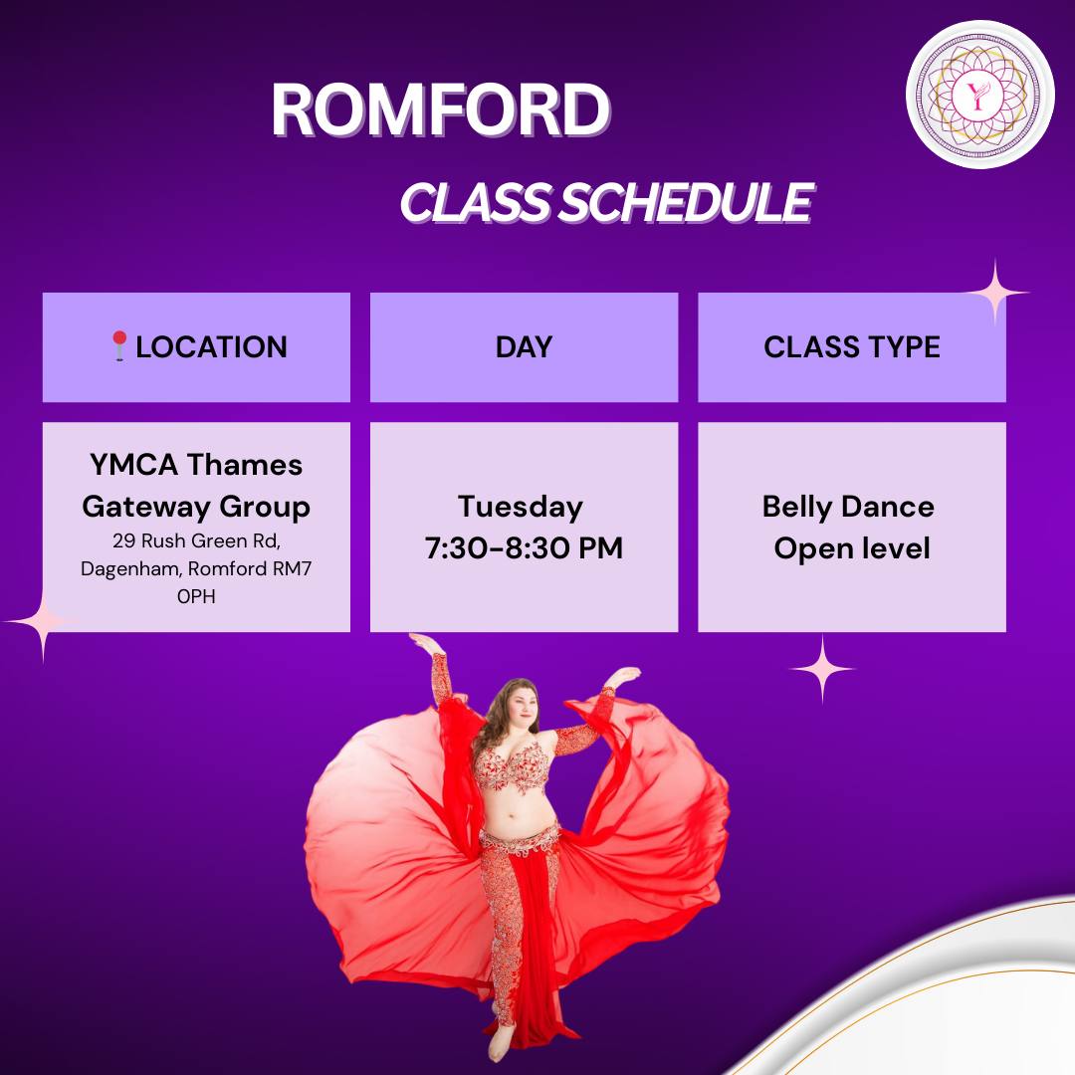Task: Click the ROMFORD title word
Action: pyautogui.click(x=441, y=109)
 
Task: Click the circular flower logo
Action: pyautogui.click(x=979, y=94)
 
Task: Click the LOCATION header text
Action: pyautogui.click(x=211, y=347)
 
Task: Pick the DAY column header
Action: pyautogui.click(x=524, y=347)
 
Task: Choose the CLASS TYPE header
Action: pyautogui.click(x=851, y=347)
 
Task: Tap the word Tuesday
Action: pyautogui.click(x=521, y=508)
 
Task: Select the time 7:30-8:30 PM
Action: pyautogui.click(x=524, y=548)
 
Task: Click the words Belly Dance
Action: pyautogui.click(x=848, y=508)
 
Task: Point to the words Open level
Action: pyautogui.click(x=851, y=548)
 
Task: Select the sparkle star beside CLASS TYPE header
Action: pyautogui.click(x=995, y=293)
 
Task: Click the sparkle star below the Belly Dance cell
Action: pyautogui.click(x=822, y=669)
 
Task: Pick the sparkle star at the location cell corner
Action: pyautogui.click(x=43, y=622)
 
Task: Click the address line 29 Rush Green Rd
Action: pyautogui.click(x=196, y=540)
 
